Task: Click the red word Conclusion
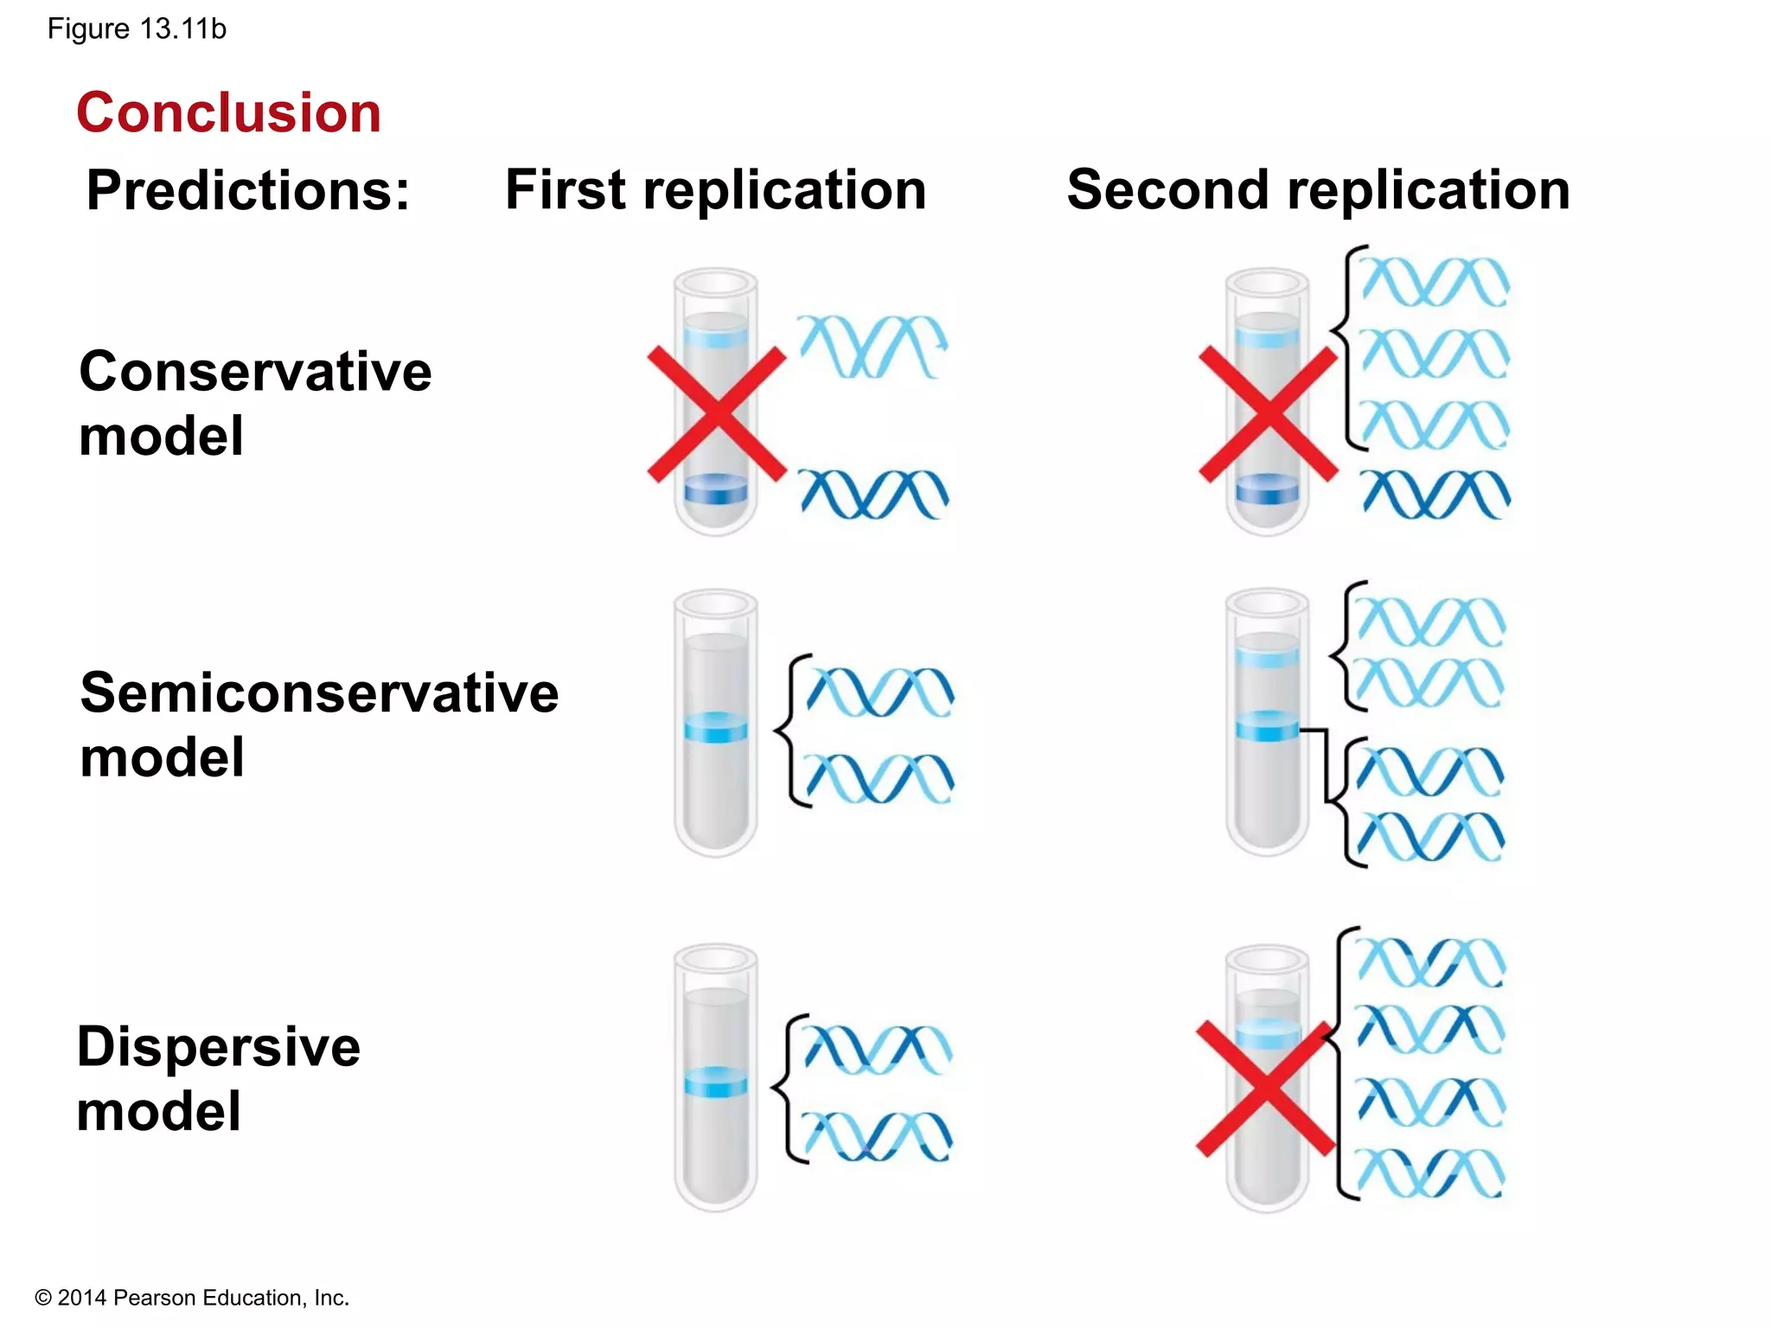pyautogui.click(x=228, y=112)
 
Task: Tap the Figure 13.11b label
pyautogui.click(x=137, y=29)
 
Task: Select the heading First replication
pyautogui.click(x=715, y=190)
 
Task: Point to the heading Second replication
pyautogui.click(x=1318, y=190)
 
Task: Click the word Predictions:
pyautogui.click(x=248, y=190)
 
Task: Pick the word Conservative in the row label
pyautogui.click(x=255, y=372)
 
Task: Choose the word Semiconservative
pyautogui.click(x=319, y=693)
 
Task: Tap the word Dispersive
pyautogui.click(x=218, y=1047)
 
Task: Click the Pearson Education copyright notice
pyautogui.click(x=192, y=1298)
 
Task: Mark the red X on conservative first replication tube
pyautogui.click(x=717, y=414)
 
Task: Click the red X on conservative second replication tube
pyautogui.click(x=1268, y=414)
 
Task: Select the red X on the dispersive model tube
pyautogui.click(x=1265, y=1088)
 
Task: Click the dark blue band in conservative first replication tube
pyautogui.click(x=716, y=489)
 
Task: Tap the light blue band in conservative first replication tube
pyautogui.click(x=716, y=335)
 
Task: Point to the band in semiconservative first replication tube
pyautogui.click(x=716, y=728)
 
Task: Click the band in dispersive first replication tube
pyautogui.click(x=716, y=1082)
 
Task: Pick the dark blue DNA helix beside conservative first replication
pyautogui.click(x=873, y=494)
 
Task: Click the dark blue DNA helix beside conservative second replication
pyautogui.click(x=1435, y=494)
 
